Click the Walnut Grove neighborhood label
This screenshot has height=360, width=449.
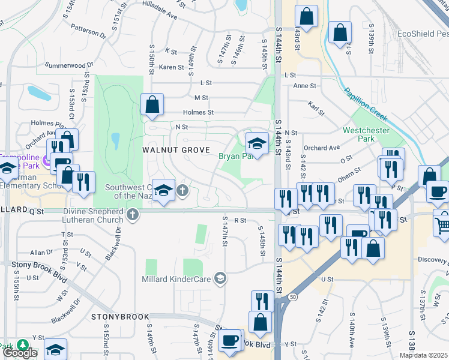click(x=176, y=149)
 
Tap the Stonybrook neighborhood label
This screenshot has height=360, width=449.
click(x=116, y=316)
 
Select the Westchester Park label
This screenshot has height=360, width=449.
click(x=366, y=134)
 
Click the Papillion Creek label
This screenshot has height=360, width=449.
click(x=365, y=105)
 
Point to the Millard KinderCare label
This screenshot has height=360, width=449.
click(x=178, y=278)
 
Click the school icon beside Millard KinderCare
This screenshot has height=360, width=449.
click(x=221, y=277)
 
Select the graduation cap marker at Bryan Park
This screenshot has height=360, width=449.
click(x=257, y=144)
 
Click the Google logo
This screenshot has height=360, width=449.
click(x=20, y=353)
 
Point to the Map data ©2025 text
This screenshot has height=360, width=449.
click(x=423, y=355)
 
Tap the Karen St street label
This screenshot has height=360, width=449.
click(x=171, y=67)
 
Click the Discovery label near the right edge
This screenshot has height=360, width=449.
click(x=433, y=260)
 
